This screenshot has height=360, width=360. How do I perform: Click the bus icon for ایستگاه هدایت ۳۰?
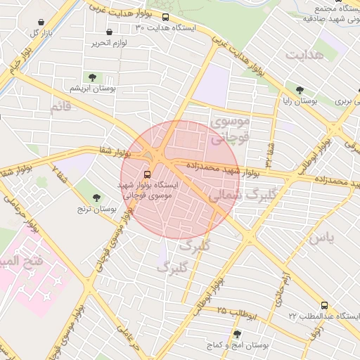165,18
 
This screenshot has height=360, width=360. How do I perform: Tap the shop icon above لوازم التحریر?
109,32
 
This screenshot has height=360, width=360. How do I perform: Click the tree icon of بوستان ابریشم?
91,77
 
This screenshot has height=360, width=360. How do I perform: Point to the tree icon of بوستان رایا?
300,90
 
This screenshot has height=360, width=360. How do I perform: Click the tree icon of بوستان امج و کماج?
236,334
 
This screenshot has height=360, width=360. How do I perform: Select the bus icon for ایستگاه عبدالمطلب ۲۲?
324,305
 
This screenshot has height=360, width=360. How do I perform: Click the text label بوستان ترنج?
96,210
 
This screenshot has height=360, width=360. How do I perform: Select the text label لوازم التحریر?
108,44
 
